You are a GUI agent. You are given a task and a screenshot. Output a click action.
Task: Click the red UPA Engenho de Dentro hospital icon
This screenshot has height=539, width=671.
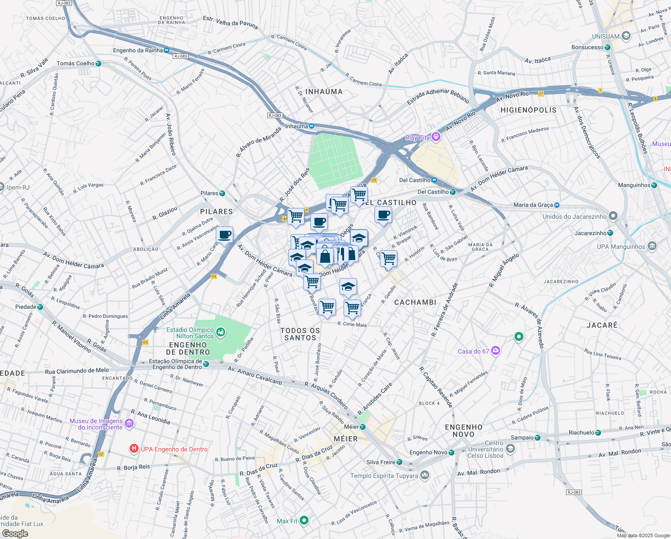pos(134,449)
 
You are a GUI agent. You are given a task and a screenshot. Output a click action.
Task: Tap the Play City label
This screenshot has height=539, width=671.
pos(417,138)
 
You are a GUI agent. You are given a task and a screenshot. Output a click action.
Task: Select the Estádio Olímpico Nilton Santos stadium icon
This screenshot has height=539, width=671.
pos(220,332)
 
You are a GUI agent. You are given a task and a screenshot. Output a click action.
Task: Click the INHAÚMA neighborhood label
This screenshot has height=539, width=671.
pos(324,92)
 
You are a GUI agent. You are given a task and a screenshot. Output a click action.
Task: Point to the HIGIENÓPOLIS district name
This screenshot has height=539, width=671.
pos(528,110)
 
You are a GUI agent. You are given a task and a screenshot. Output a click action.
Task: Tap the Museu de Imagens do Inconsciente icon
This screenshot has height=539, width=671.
pos(129,424)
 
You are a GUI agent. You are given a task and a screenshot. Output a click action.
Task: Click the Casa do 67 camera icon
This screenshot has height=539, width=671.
pos(496,351)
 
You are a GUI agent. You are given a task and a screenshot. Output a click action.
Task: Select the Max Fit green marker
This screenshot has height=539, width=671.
pos(304,521)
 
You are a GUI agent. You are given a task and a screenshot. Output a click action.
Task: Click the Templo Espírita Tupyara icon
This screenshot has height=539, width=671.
pos(425,475)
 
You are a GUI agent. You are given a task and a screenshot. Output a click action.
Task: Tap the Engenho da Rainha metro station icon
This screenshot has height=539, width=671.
pos(166,50)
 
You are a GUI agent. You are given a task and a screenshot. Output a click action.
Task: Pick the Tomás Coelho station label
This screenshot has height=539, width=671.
pos(75,63)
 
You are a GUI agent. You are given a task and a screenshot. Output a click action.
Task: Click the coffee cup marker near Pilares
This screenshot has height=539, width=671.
pos(224,235)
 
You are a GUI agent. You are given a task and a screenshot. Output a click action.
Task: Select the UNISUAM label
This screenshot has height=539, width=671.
pos(606,36)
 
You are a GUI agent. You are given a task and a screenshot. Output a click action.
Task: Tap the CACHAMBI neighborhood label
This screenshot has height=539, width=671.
pos(415,302)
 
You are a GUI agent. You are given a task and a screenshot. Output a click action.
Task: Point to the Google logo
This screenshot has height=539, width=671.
pos(15,534)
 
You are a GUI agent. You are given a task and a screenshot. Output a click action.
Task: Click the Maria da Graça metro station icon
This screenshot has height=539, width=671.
pos(557,205)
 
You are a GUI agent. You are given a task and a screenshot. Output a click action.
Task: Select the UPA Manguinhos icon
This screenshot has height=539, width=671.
pos(652,246)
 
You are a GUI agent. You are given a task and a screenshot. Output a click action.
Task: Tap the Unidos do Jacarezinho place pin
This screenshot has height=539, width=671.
pos(613,216)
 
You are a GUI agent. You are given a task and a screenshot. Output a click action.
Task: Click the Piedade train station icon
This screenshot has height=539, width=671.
pos(40,307)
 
